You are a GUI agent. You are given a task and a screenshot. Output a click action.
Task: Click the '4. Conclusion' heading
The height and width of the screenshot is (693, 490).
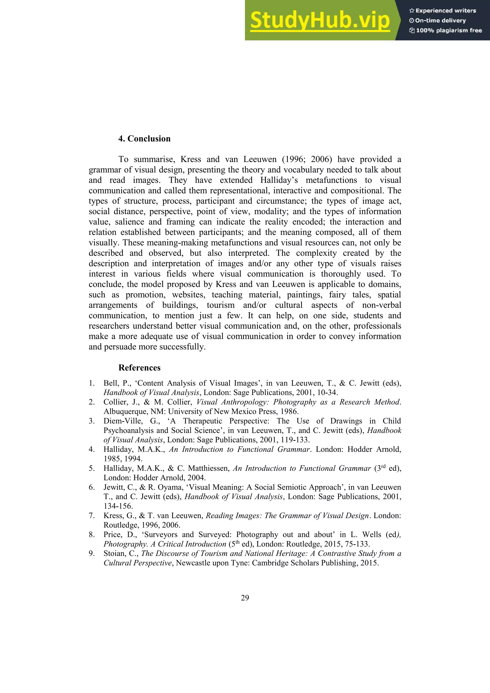(144, 139)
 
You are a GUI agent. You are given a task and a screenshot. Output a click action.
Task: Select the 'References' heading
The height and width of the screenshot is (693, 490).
(139, 368)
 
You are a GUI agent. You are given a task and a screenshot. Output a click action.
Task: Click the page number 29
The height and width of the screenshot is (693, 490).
(245, 598)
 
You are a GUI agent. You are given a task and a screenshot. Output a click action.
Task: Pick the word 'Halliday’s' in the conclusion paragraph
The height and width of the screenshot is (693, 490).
(279, 180)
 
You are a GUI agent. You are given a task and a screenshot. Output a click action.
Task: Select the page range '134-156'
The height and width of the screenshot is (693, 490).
(118, 506)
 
